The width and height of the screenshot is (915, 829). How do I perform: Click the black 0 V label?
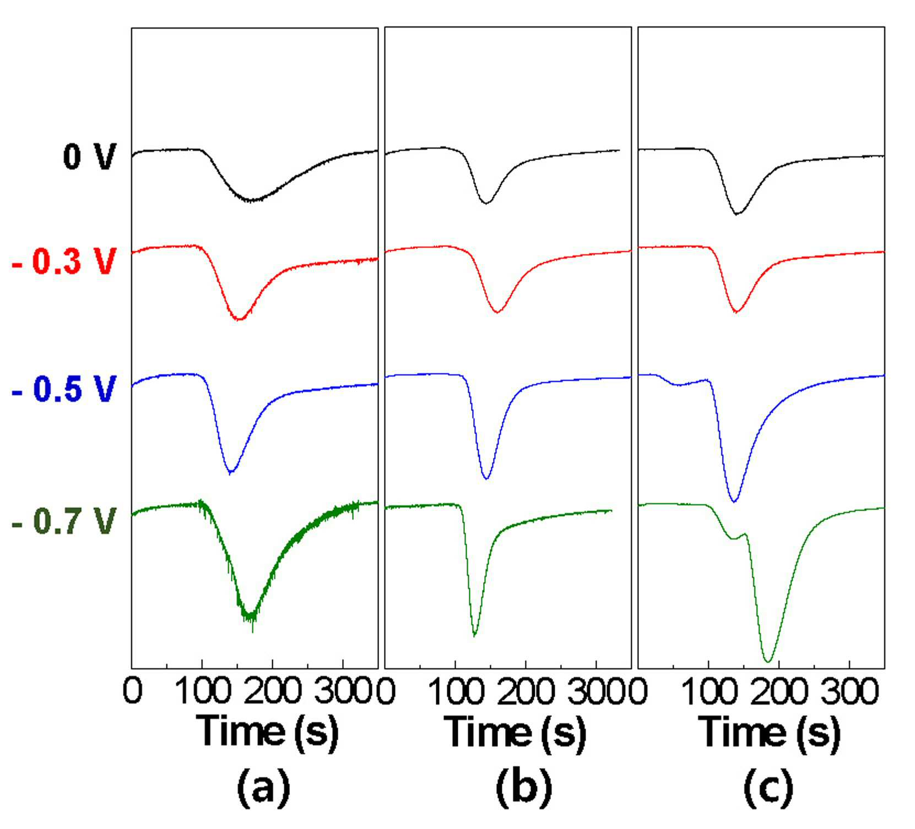click(x=89, y=156)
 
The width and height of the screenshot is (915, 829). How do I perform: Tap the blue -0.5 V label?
click(x=64, y=389)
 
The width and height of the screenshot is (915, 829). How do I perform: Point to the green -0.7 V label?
click(x=64, y=521)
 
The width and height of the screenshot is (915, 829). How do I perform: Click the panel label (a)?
click(x=263, y=787)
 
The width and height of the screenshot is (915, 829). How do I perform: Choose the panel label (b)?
click(x=524, y=787)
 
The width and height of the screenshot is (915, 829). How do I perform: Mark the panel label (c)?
click(x=768, y=787)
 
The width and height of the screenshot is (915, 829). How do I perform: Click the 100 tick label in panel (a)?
click(x=202, y=691)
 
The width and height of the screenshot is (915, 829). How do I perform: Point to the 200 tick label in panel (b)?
click(x=525, y=691)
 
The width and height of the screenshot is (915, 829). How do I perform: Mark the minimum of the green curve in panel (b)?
click(x=474, y=635)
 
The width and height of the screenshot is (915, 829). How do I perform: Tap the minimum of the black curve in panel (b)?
click(x=486, y=203)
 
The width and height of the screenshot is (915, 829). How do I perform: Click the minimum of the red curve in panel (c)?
click(x=735, y=312)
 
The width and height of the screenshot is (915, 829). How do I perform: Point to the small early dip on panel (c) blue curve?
click(x=679, y=384)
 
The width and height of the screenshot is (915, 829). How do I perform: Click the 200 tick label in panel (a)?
click(x=273, y=691)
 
